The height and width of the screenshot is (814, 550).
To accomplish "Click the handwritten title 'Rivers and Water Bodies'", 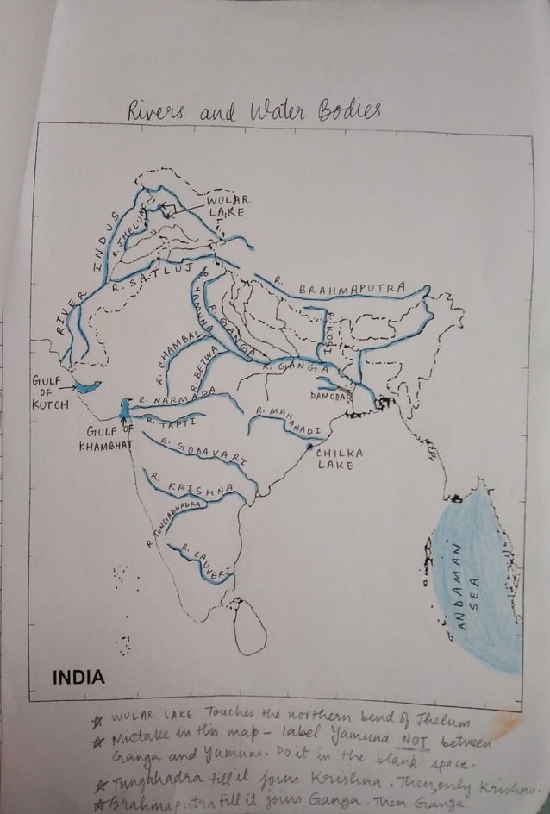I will click(253, 110).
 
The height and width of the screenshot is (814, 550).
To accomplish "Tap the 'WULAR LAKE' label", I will click(228, 206).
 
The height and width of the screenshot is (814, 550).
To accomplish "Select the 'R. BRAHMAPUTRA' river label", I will click(341, 288).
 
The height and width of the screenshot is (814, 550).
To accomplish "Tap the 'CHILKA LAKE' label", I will click(339, 458).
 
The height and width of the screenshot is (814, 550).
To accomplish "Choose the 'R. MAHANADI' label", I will click(289, 422).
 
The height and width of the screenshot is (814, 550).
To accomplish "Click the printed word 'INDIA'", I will click(78, 677).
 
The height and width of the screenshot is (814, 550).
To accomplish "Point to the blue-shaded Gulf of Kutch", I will click(86, 387).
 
